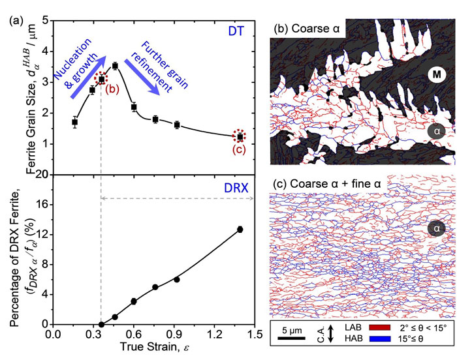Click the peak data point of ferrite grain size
pos(115,66)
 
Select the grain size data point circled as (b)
pos(101,80)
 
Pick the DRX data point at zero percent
pos(101,324)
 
